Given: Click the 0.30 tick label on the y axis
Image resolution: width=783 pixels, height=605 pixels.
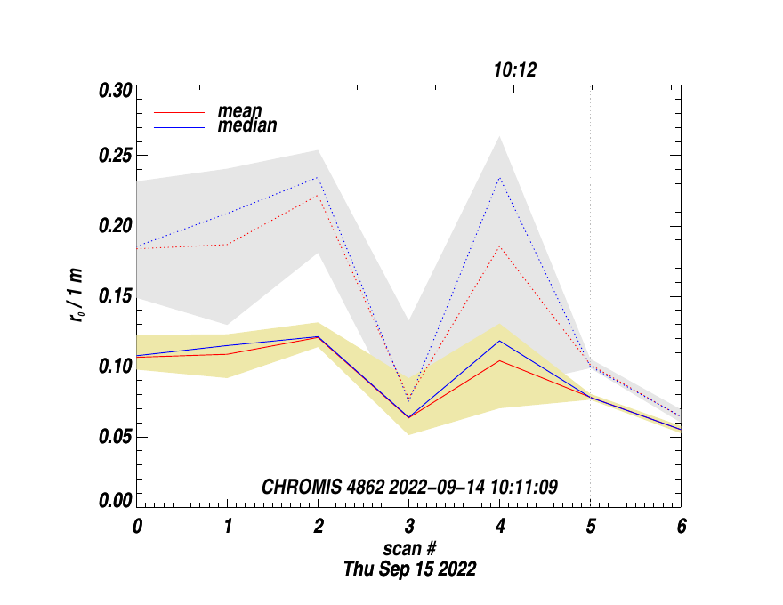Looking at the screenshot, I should [116, 90].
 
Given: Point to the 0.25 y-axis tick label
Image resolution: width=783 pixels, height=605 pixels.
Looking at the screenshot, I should [116, 156].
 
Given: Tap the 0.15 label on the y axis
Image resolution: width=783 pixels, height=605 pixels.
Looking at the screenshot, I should [116, 296].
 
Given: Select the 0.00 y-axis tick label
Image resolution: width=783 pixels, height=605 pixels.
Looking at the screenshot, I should [116, 501].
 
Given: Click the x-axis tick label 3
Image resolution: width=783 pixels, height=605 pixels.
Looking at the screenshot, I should [408, 526].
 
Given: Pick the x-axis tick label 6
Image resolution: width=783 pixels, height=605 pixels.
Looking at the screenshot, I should [682, 526].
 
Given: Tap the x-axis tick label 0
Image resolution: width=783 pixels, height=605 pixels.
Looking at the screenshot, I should [137, 526].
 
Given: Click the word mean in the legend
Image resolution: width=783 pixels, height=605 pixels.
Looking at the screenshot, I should [239, 111].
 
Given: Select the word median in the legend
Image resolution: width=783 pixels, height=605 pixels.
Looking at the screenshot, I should [246, 126].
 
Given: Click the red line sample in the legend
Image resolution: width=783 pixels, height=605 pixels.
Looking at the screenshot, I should [181, 112].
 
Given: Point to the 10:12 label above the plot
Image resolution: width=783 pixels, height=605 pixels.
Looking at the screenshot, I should [515, 69].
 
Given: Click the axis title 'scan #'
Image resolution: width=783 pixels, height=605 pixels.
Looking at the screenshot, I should [409, 549].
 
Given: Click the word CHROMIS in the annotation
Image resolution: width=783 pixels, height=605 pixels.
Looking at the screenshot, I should [296, 487].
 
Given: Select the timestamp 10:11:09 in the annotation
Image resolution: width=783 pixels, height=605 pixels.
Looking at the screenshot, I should [528, 487].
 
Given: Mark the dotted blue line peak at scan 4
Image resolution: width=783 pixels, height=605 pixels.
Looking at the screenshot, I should [500, 177].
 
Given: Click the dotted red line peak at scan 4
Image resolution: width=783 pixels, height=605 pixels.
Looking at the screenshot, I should [500, 246].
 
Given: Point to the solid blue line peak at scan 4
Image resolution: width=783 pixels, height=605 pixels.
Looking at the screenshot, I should [500, 341].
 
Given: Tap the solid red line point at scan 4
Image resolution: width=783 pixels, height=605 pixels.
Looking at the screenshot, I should [500, 360].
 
